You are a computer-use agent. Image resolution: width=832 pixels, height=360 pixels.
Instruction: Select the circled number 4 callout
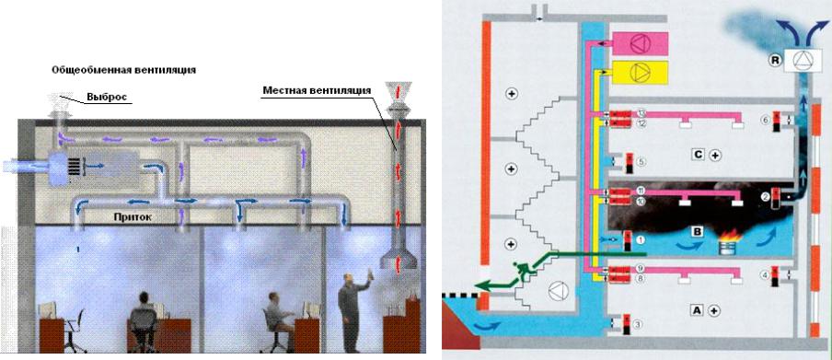pos(763,273)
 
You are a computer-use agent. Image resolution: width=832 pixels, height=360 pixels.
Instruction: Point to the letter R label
pos(775,61)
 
